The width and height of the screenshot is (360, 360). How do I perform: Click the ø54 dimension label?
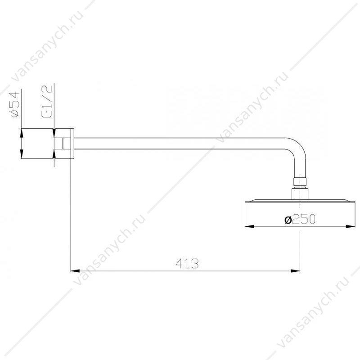[15, 104]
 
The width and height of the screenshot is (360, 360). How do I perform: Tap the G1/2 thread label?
[47, 101]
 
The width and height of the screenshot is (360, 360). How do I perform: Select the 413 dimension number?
[187, 263]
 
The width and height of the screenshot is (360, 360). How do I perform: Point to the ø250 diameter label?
[300, 220]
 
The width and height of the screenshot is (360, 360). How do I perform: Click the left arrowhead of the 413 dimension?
[75, 271]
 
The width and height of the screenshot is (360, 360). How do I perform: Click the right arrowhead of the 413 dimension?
[296, 271]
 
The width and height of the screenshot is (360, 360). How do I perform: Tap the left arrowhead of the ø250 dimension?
[250, 226]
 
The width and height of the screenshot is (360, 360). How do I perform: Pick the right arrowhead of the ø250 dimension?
[351, 226]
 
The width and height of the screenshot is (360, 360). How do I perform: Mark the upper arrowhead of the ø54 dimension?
[21, 133]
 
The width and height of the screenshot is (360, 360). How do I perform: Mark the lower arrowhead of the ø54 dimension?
[21, 154]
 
